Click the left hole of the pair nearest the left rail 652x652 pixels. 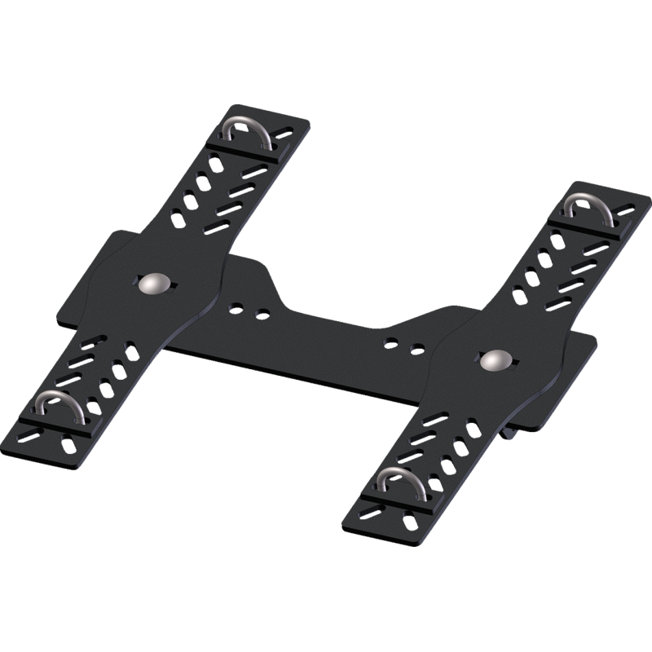(236, 307)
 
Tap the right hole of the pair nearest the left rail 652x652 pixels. (262, 313)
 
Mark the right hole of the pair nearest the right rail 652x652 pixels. (417, 349)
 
